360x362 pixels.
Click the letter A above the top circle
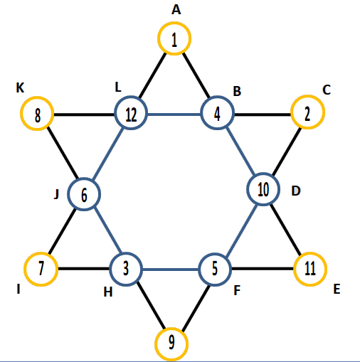[x=176, y=10]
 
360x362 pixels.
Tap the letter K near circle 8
[x=20, y=88]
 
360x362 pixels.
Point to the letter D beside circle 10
[x=296, y=191]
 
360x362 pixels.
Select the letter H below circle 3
[x=108, y=292]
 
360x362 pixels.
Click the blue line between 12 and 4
[x=174, y=115]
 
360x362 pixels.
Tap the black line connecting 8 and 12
[x=84, y=115]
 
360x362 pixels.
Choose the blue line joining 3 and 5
[x=171, y=270]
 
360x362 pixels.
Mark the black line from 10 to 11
[x=286, y=230]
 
